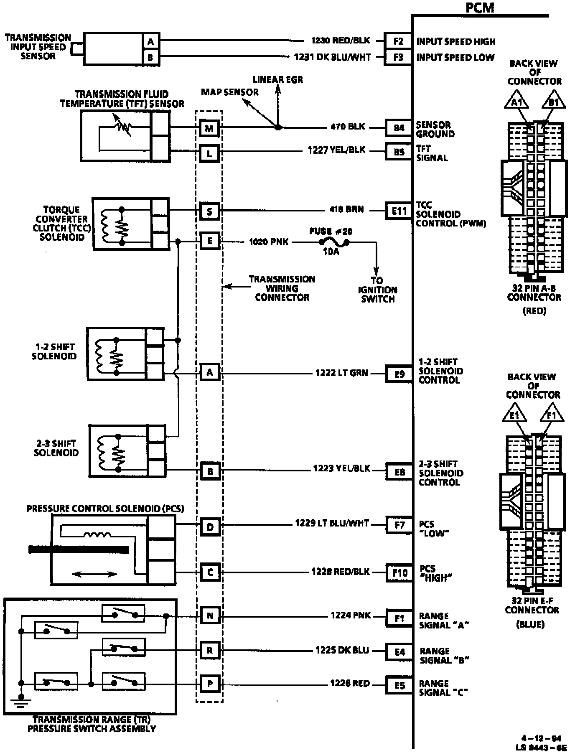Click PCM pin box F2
[x=398, y=41]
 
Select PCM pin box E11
[x=399, y=211]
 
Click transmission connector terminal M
[x=209, y=128]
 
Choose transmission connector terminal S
[x=209, y=211]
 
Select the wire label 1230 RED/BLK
[x=341, y=41]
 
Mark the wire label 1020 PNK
[x=268, y=242]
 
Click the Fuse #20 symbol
[x=334, y=242]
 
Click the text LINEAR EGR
[x=278, y=79]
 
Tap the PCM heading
[x=480, y=7]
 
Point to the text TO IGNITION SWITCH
[x=377, y=290]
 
